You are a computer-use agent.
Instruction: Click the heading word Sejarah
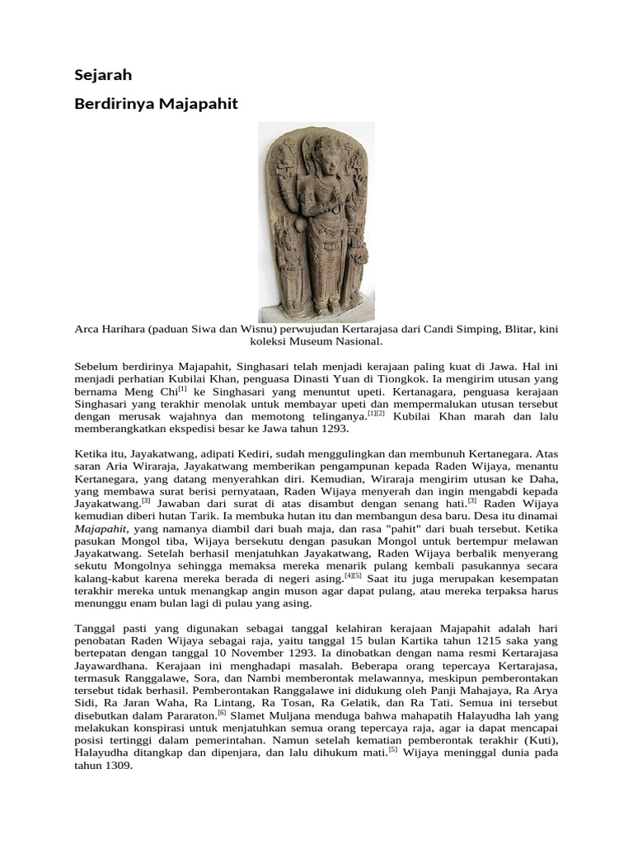[x=103, y=75]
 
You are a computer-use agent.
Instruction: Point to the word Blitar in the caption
[x=517, y=329]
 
